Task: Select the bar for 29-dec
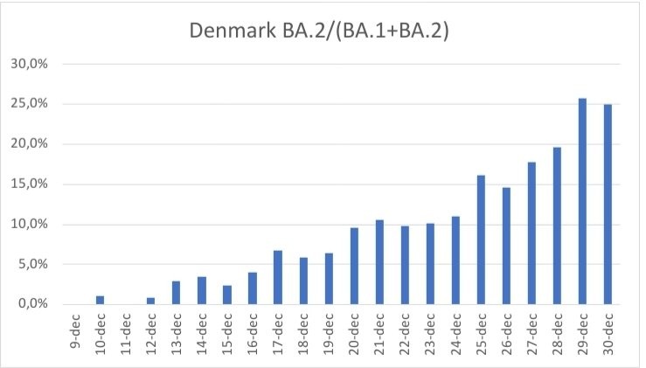click(582, 202)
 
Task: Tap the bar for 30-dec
click(608, 205)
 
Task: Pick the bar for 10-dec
click(99, 300)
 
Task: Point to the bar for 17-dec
click(277, 277)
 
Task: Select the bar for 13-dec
click(175, 293)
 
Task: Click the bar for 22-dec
click(405, 265)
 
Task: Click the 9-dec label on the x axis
click(74, 333)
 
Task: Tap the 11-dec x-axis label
click(125, 336)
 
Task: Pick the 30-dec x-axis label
click(608, 336)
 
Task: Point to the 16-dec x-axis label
click(253, 336)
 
